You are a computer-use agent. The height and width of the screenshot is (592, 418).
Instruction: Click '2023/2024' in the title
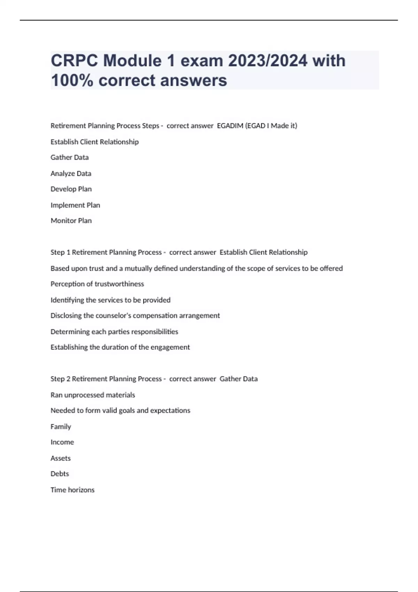268,61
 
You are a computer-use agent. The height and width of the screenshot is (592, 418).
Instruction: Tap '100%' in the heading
72,80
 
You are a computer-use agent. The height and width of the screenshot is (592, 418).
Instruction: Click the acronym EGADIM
230,126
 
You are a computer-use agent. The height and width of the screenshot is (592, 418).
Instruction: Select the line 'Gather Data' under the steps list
70,157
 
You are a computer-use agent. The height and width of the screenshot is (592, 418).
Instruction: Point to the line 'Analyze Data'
71,173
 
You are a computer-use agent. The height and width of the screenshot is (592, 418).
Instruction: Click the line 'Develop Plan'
71,189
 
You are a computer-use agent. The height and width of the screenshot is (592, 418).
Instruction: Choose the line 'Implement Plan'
75,205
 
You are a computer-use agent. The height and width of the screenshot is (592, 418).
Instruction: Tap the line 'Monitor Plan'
71,221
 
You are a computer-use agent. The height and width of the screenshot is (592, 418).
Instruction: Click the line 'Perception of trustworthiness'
97,284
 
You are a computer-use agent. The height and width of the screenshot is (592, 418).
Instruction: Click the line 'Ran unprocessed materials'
93,395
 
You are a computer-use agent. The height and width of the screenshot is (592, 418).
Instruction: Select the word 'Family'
61,427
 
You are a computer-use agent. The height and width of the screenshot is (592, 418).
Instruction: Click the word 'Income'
62,442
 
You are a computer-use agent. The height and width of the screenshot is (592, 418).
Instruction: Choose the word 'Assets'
61,458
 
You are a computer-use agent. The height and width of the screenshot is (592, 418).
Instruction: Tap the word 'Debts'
60,474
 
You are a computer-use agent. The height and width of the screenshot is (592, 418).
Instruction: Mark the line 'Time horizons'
72,490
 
